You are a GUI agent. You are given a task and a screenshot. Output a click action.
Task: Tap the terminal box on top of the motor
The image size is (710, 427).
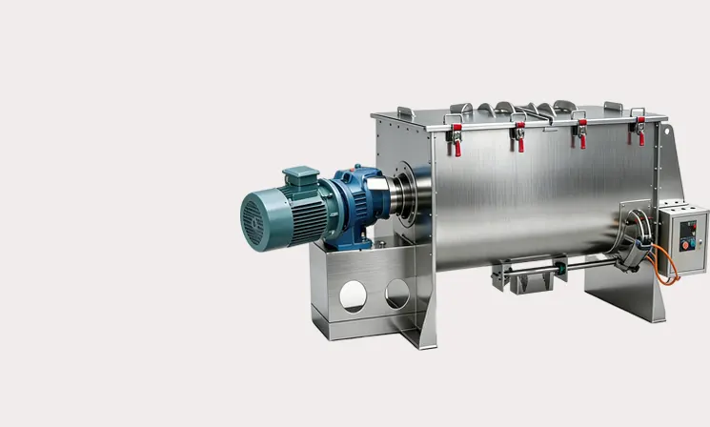click(x=299, y=177)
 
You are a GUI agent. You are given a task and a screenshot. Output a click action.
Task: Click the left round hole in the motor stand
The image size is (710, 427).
click(x=354, y=295)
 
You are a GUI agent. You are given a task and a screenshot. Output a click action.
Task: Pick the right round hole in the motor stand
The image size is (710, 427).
click(x=398, y=294)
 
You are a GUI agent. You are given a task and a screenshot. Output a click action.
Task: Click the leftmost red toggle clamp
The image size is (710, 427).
click(x=456, y=138)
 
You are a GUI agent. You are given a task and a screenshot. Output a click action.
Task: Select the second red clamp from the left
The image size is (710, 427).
click(x=519, y=135)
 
